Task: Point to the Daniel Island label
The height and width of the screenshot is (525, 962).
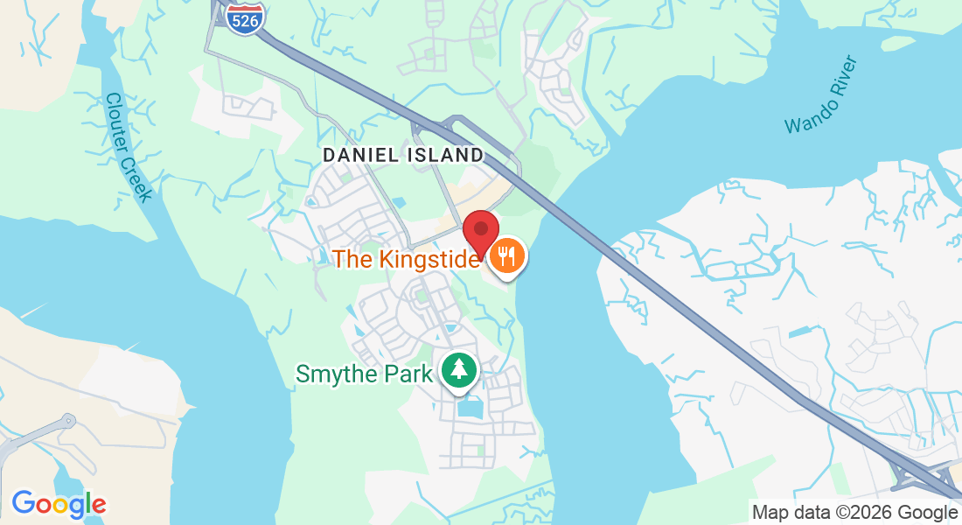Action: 402,155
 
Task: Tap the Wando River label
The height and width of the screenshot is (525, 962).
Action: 821,94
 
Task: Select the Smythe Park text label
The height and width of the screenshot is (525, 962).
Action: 364,374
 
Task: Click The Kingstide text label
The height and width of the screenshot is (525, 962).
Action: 407,259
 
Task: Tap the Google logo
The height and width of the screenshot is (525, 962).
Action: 59,504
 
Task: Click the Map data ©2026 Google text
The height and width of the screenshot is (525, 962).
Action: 854,513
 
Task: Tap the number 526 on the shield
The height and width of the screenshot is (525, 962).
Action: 245,22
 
